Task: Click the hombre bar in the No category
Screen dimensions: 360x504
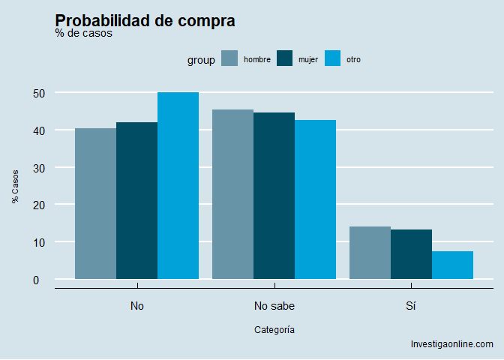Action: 95,204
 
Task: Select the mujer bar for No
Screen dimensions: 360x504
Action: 136,201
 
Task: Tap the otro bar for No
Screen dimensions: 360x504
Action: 178,186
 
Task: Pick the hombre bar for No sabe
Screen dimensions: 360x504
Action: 232,194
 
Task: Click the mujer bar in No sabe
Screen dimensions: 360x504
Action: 274,196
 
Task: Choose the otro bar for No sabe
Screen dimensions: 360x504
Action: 315,199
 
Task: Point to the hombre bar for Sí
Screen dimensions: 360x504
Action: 370,253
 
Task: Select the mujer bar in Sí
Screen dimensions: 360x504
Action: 411,254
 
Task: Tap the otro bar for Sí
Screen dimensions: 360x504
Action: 452,265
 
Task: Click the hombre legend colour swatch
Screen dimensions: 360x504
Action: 230,59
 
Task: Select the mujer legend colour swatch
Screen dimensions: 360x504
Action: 284,59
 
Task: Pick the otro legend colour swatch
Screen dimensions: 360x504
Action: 332,59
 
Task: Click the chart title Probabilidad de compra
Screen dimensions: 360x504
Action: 145,21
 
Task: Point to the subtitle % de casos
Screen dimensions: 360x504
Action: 84,34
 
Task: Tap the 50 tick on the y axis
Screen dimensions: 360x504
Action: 39,93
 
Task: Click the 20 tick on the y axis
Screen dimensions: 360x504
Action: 39,205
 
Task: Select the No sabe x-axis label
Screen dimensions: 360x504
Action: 274,306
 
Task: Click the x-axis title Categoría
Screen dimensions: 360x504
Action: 274,329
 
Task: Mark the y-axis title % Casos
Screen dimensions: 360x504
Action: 15,186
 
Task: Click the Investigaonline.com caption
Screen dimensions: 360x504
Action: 451,344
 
